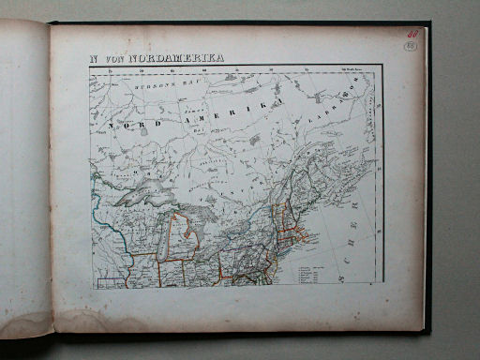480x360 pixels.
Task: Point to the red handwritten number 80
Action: pos(412,33)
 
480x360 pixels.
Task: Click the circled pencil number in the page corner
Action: pos(411,45)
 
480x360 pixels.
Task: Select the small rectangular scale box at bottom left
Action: pos(110,279)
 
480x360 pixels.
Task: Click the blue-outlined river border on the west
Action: pos(97,211)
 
